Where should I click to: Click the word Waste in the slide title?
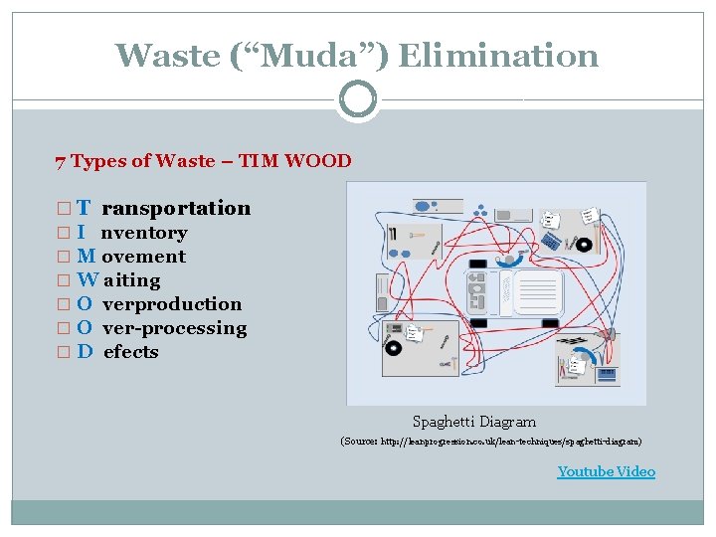pyautogui.click(x=170, y=55)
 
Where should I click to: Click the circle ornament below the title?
pyautogui.click(x=358, y=99)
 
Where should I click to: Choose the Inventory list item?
pyautogui.click(x=143, y=233)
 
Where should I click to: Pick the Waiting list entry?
pyautogui.click(x=130, y=280)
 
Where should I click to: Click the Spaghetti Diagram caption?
pyautogui.click(x=474, y=422)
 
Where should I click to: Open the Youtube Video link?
pyautogui.click(x=606, y=471)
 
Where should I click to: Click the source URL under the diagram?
pyautogui.click(x=491, y=441)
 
